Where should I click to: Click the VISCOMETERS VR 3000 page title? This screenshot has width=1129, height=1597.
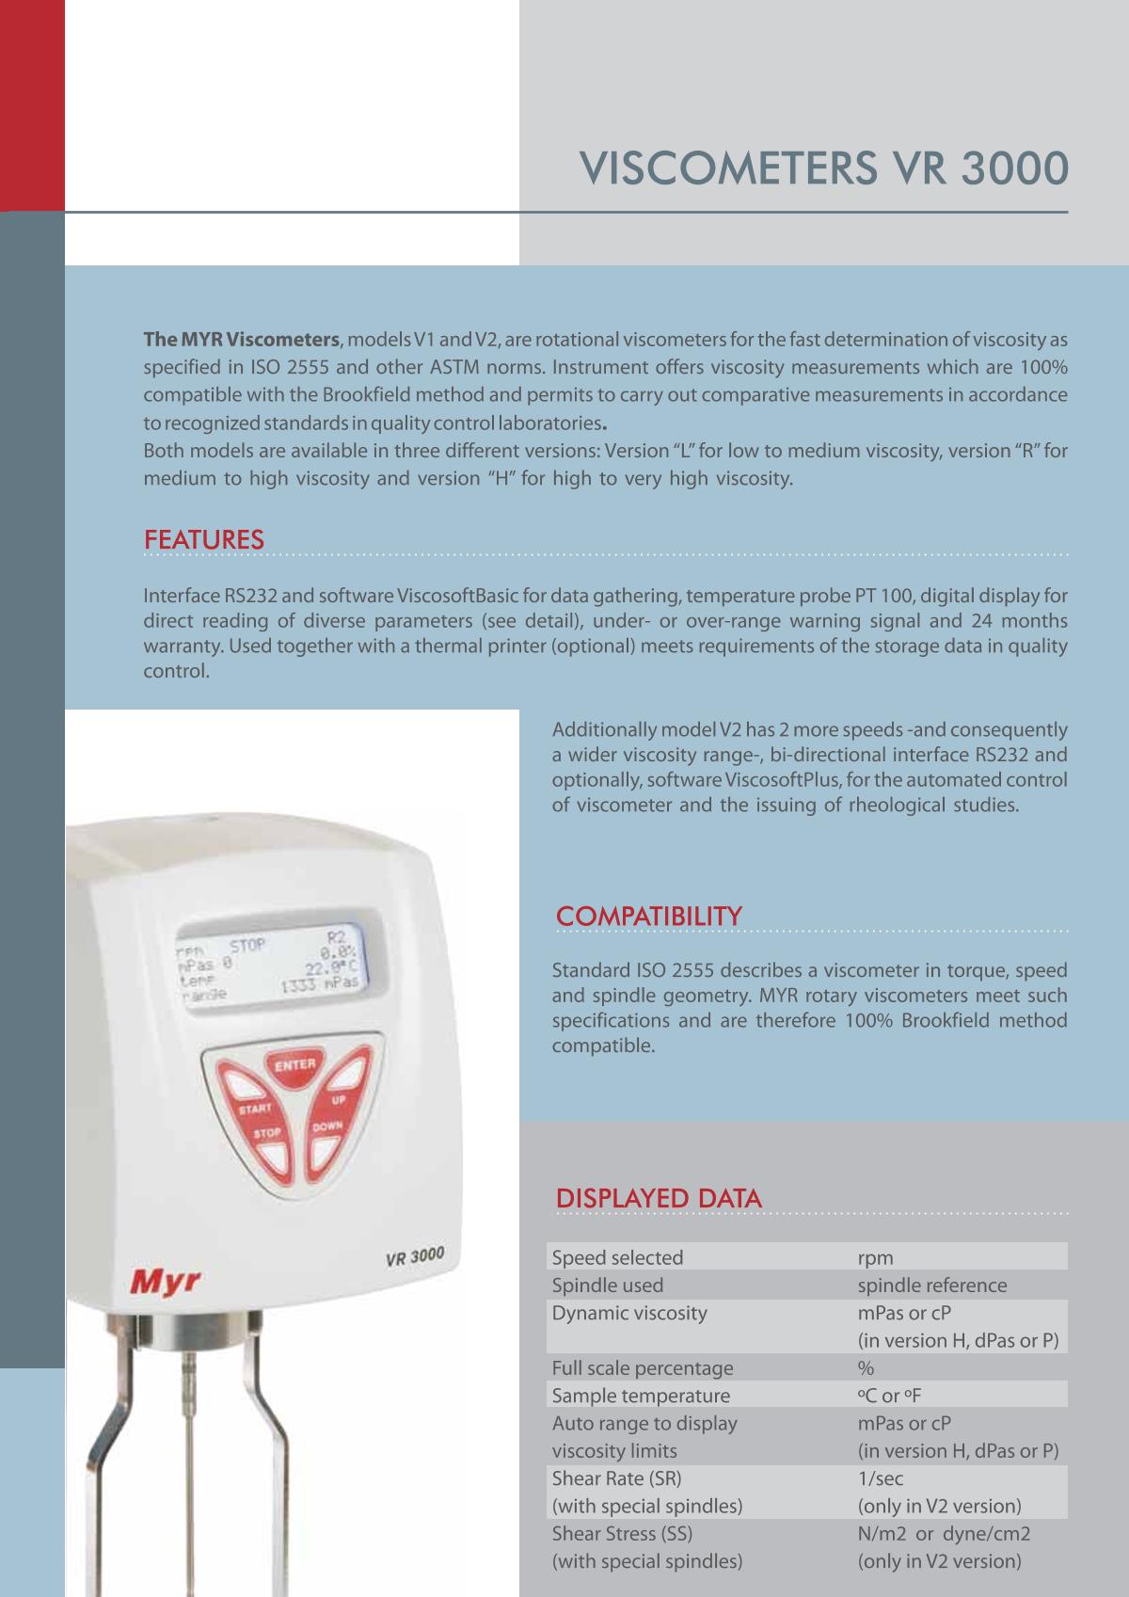coord(824,169)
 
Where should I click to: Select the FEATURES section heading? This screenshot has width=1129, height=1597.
coord(203,540)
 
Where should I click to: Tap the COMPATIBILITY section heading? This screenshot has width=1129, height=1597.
coord(648,916)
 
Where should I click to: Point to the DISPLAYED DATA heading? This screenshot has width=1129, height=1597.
coord(659,1198)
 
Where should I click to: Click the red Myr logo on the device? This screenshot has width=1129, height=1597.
coord(158,1282)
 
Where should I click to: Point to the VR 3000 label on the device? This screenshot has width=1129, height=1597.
coord(415,1257)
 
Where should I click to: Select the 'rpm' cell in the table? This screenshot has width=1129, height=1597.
coord(875,1257)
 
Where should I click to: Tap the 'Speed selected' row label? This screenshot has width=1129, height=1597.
coord(617,1257)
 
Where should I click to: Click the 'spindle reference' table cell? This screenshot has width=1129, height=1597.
coord(931,1286)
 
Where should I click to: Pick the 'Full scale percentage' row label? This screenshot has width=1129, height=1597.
coord(642,1368)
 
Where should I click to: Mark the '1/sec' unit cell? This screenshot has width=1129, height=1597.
coord(880,1478)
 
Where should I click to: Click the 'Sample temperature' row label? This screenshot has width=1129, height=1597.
coord(640,1396)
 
